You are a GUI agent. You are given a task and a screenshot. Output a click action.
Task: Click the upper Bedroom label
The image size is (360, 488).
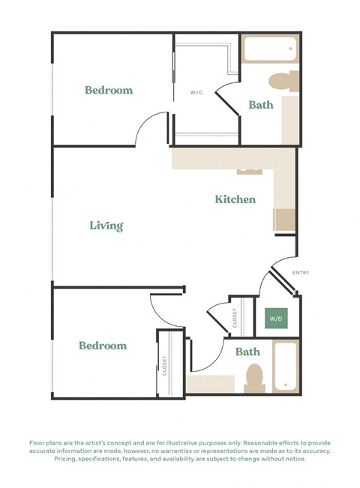[x=109, y=91]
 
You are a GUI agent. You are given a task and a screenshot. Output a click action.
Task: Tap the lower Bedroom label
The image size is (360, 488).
[x=103, y=346]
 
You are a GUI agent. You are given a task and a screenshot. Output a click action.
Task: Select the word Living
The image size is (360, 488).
[x=106, y=226]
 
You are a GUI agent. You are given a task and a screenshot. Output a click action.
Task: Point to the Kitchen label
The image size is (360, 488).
[x=235, y=199]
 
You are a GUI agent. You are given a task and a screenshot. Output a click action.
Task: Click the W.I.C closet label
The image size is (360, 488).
[x=196, y=93]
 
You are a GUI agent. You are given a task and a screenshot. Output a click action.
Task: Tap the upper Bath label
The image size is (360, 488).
[x=261, y=106]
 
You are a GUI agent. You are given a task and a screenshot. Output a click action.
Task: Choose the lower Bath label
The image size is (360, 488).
[x=247, y=352]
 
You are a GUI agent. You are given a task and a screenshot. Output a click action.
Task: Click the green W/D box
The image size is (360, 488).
[x=274, y=319]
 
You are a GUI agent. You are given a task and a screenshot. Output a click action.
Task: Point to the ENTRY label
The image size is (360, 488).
[x=301, y=273]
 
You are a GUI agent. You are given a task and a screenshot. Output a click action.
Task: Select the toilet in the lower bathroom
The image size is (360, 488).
[x=254, y=378]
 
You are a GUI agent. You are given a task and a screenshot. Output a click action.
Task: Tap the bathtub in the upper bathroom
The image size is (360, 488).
[x=269, y=50]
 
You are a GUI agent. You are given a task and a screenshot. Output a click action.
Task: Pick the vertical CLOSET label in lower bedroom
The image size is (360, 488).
[x=164, y=365]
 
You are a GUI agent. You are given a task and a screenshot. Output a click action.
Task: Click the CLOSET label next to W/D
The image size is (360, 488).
[x=235, y=318]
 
